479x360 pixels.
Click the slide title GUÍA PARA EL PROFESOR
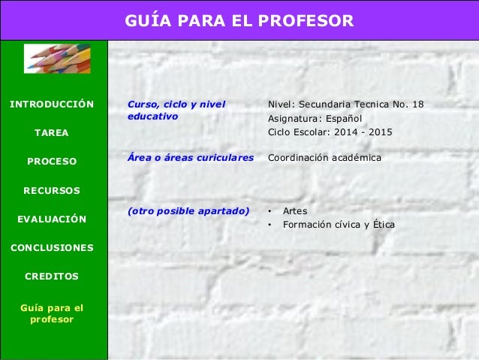pos(239,20)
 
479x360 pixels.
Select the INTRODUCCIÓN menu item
pos(51,104)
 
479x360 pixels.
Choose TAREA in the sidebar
pos(51,132)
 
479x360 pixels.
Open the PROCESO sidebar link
pos(51,161)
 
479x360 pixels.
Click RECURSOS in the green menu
pos(51,190)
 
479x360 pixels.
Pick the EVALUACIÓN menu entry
pos(51,219)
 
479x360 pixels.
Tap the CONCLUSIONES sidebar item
pos(51,247)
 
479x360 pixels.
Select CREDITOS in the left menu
pos(51,276)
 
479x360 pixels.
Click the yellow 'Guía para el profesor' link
pos(51,313)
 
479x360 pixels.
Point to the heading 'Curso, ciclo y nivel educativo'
pos(176,110)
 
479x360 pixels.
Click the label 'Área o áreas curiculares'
pos(191,158)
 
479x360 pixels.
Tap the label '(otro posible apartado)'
pos(188,211)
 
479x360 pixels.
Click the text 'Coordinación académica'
pos(324,158)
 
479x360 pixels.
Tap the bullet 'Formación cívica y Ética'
pos(339,225)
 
